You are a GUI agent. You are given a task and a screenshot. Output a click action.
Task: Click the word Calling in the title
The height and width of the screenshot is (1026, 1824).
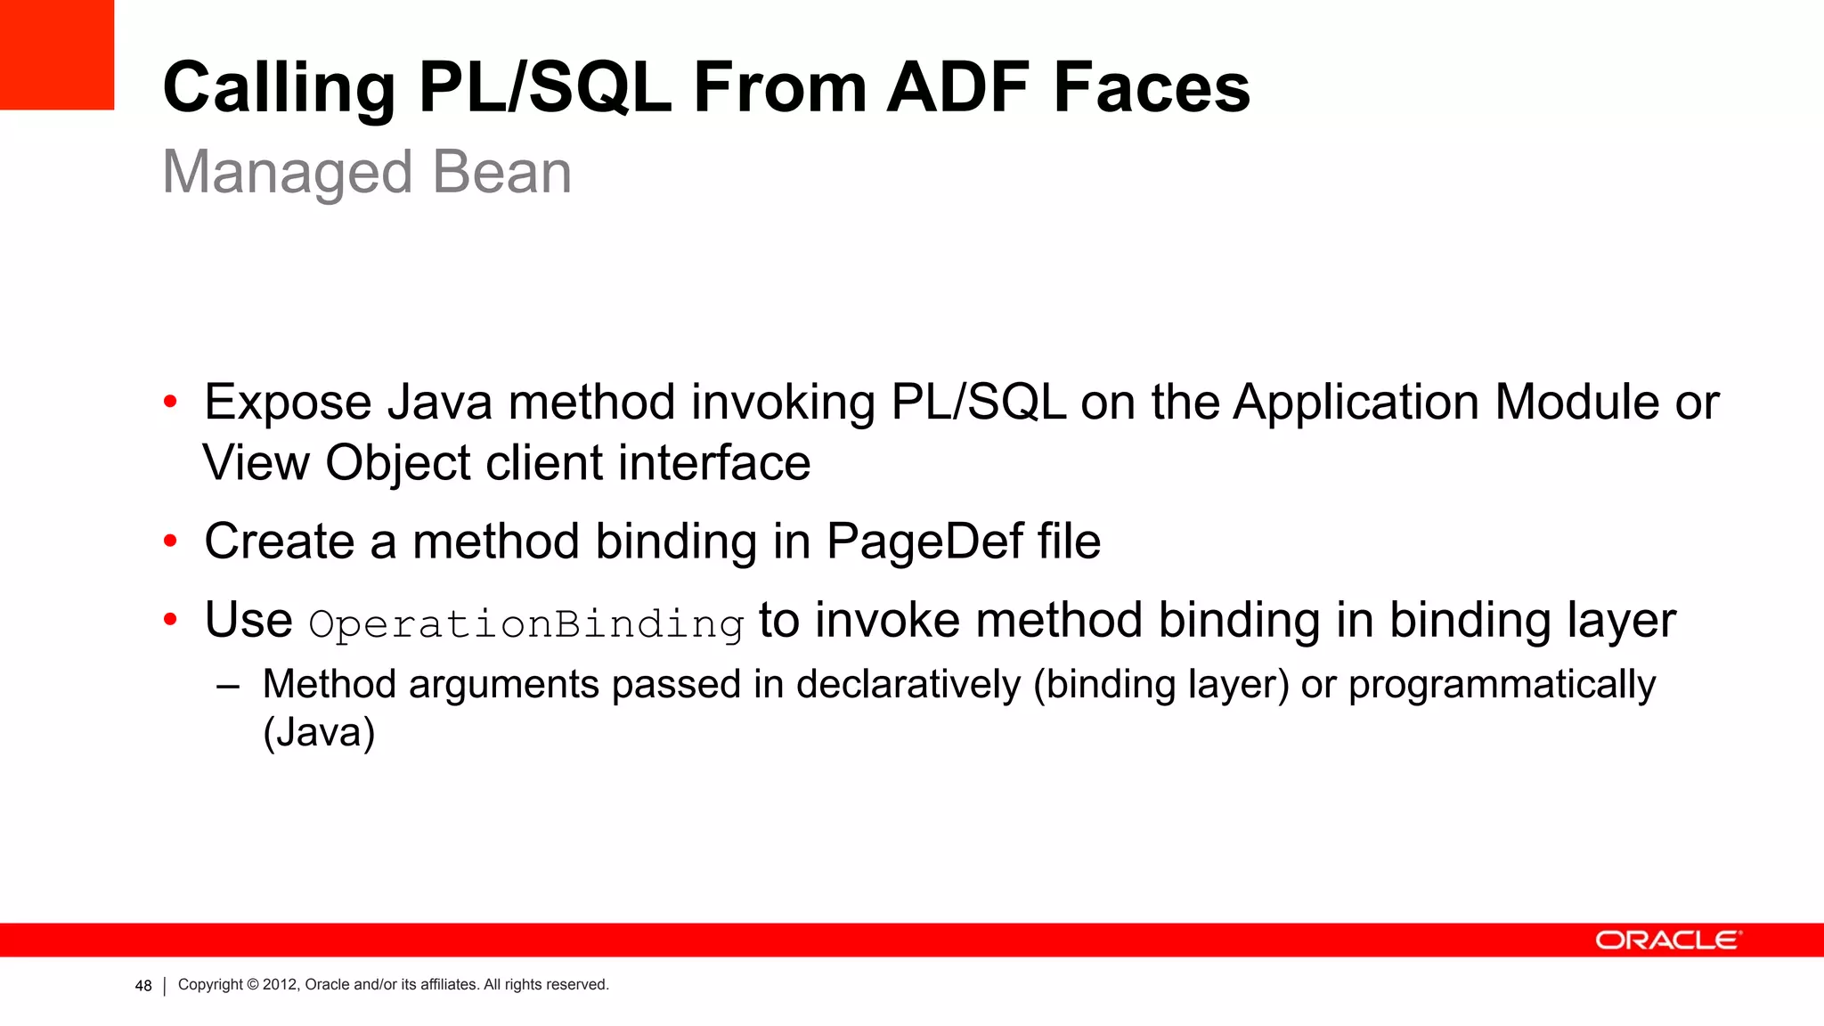click(279, 89)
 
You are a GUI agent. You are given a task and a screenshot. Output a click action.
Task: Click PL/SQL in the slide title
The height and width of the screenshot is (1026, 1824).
click(544, 89)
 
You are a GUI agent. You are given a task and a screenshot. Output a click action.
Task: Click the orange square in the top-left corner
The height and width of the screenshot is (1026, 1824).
click(57, 54)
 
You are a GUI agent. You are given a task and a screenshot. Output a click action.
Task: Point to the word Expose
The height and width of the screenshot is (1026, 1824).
click(288, 403)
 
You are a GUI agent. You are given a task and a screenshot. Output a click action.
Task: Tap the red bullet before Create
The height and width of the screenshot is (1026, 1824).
click(170, 541)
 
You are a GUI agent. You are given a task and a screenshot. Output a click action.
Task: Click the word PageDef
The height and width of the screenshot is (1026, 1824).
click(924, 541)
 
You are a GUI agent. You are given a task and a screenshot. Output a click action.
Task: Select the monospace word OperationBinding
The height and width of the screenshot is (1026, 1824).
click(525, 623)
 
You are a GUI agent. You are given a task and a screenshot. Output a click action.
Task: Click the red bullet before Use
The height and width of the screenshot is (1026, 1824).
click(170, 620)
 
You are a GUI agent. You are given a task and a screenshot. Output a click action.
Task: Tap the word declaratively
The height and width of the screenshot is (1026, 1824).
click(908, 685)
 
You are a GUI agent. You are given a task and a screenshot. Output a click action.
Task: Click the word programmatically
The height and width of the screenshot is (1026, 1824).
click(1502, 685)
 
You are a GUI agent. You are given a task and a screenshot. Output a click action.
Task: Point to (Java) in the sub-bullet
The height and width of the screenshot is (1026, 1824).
click(319, 733)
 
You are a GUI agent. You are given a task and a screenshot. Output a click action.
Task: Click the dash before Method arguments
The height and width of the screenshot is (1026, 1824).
click(228, 687)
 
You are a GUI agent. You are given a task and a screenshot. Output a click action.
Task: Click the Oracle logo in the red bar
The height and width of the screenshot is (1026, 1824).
click(1667, 940)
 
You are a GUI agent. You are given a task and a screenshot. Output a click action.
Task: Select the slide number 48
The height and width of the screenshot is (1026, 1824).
click(143, 986)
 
